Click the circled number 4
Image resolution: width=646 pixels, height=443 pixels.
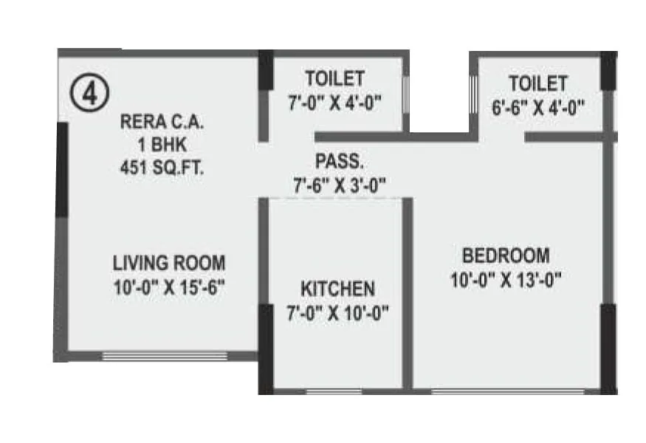90,95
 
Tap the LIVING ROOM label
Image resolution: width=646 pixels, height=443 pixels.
169,263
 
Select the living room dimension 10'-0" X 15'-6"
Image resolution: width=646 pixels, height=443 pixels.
169,286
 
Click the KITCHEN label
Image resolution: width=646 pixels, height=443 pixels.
337,289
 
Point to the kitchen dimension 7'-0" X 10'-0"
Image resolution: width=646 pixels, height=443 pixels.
337,312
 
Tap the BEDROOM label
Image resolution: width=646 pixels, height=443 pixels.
506,256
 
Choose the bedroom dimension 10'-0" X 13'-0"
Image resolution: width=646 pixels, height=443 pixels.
506,280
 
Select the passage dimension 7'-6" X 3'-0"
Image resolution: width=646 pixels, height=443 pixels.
339,185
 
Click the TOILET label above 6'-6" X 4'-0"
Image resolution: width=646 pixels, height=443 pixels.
537,83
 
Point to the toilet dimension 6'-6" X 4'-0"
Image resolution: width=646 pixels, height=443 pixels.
537,106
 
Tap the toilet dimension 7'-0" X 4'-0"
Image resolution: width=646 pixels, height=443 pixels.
334,103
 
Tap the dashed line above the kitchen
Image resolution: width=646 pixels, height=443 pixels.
334,198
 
